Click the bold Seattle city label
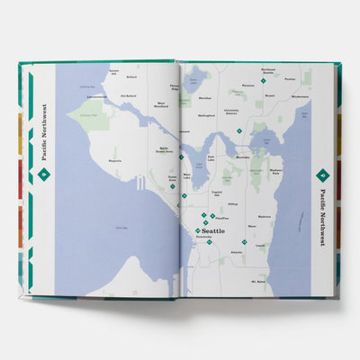click(x=213, y=231)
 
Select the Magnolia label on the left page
click(x=114, y=161)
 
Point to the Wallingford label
click(x=206, y=115)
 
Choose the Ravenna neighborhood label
click(x=248, y=86)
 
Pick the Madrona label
click(x=265, y=217)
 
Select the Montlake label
click(x=243, y=157)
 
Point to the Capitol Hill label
click(x=215, y=192)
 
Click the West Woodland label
click(x=161, y=103)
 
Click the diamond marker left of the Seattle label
click(x=198, y=231)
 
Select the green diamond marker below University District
click(x=238, y=131)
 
